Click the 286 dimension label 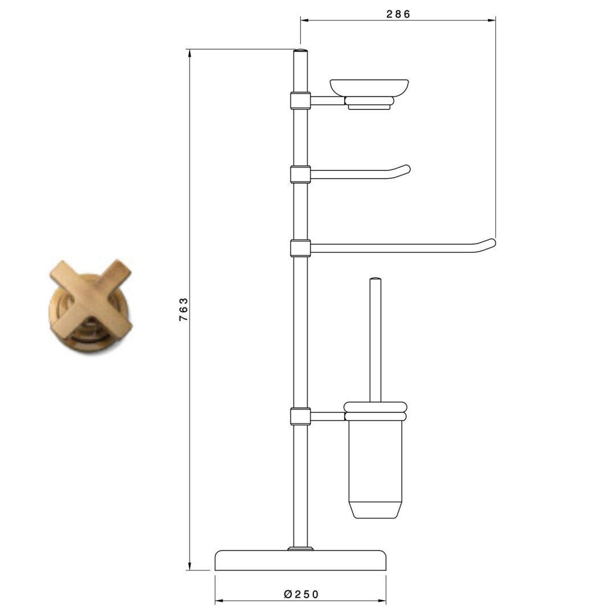[398, 14]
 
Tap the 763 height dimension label [184, 309]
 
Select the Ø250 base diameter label [301, 594]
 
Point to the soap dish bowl [369, 88]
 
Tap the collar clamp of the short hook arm [300, 175]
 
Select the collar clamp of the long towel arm [300, 248]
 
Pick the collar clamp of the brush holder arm [300, 416]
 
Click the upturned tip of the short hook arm [406, 168]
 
